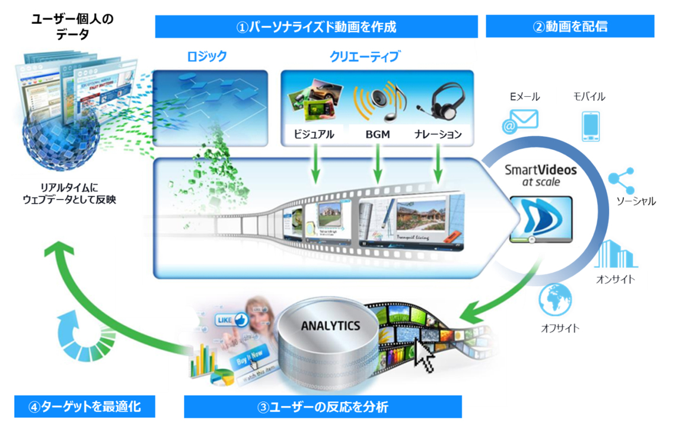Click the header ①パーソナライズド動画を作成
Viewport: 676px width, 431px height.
[x=316, y=27]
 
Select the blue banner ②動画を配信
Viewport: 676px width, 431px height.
[x=569, y=27]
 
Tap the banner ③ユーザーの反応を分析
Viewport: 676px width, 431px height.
[x=323, y=407]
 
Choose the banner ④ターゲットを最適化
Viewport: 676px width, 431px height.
[x=84, y=407]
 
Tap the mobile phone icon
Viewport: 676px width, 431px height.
[x=591, y=126]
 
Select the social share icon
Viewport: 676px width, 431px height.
[x=622, y=180]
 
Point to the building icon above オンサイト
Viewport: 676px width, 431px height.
[x=615, y=254]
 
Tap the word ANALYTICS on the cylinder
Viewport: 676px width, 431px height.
[x=330, y=326]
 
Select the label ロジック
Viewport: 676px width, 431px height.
[x=206, y=57]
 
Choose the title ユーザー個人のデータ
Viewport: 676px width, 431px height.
[x=72, y=27]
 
